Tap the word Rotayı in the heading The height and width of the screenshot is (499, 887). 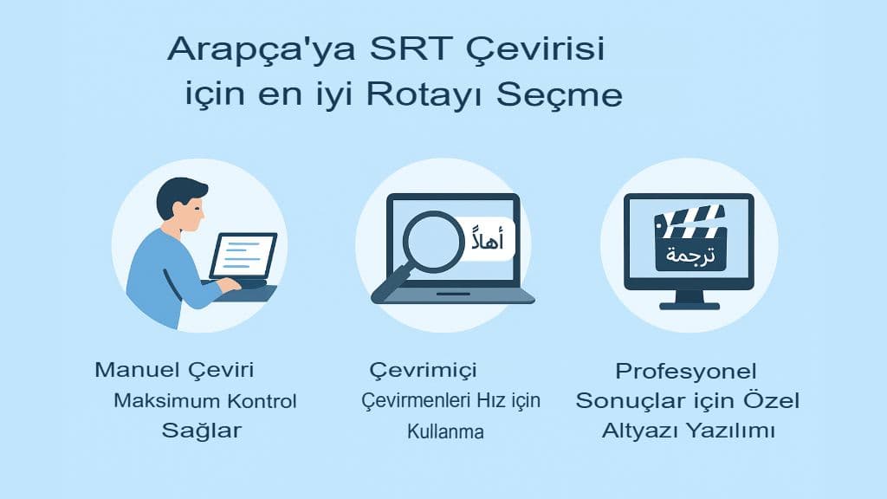[428, 94]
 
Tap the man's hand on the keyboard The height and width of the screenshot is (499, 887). [228, 284]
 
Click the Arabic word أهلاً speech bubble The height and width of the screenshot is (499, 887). [490, 237]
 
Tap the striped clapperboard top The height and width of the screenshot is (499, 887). [690, 223]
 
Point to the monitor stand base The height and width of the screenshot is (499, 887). [690, 304]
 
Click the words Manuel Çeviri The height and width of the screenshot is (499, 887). [174, 371]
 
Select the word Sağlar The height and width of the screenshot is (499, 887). [201, 431]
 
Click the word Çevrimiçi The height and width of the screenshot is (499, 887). [424, 371]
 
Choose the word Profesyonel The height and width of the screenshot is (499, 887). [686, 372]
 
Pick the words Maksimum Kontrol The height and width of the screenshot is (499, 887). [205, 401]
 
